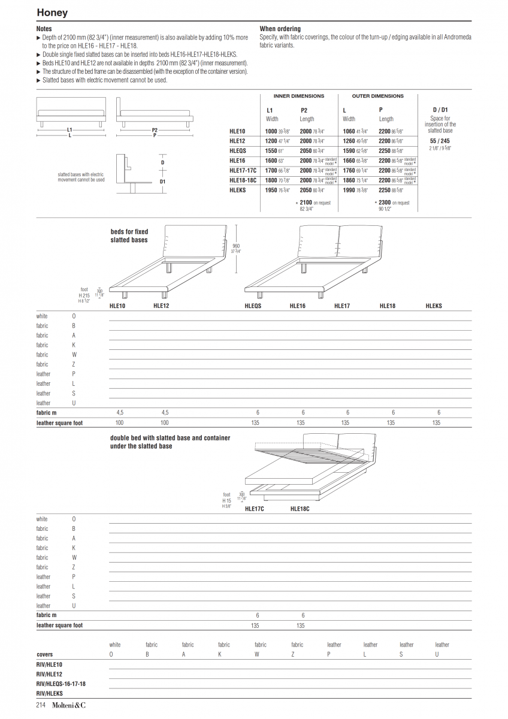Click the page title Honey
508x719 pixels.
52,13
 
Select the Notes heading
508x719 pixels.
44,29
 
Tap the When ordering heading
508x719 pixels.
280,29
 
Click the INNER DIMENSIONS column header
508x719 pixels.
298,96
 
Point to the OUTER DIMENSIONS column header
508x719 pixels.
377,96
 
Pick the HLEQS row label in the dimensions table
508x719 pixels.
238,151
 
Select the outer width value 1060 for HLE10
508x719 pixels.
349,131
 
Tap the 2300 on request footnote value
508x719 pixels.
385,203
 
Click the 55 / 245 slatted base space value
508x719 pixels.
440,141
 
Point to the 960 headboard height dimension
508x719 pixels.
236,246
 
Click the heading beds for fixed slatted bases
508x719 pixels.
129,235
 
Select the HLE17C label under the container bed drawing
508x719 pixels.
255,509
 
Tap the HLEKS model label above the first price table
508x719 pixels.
434,306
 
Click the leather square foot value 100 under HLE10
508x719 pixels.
119,423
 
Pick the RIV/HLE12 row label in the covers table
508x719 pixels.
49,674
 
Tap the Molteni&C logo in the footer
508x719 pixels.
68,705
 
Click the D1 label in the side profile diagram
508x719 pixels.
162,182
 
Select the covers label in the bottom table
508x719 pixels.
44,655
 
